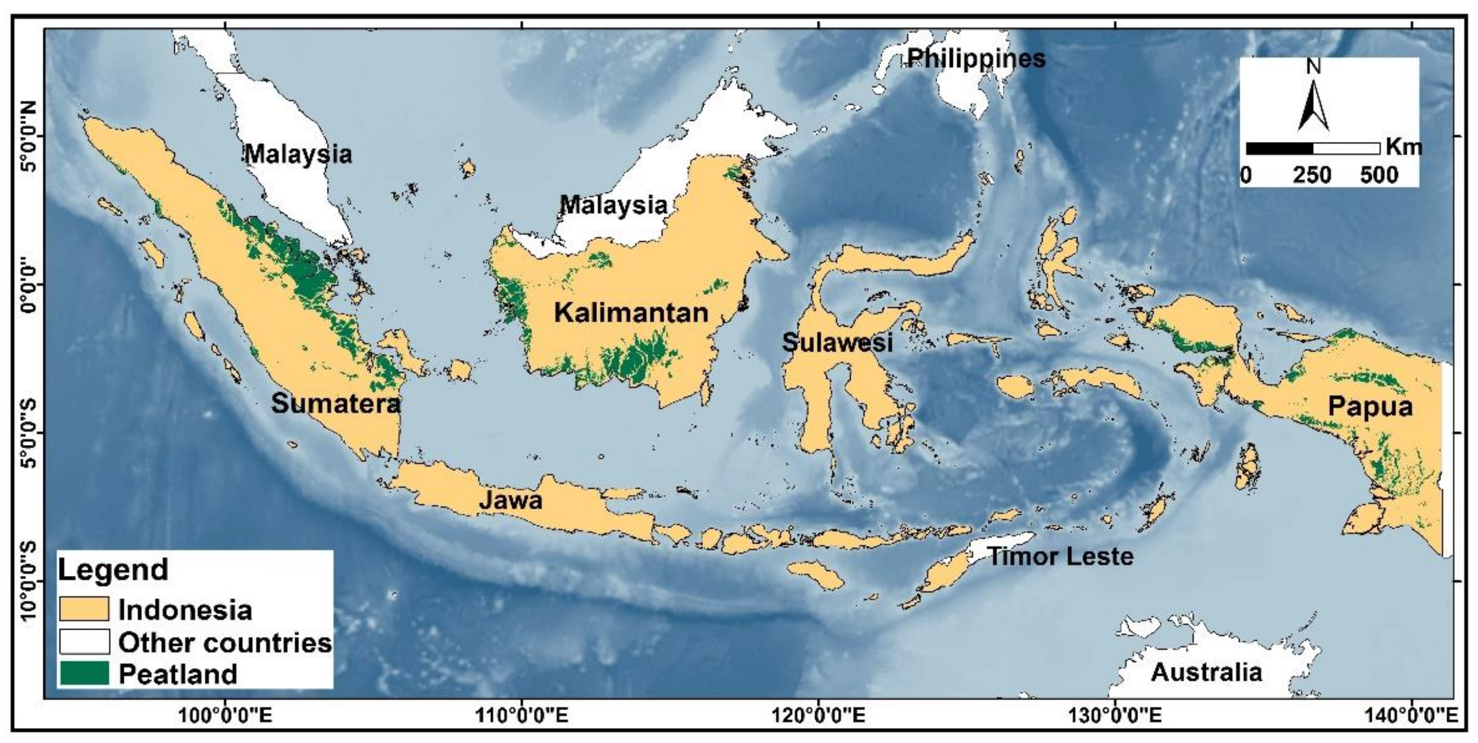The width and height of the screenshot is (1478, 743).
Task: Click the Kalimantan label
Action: tap(631, 313)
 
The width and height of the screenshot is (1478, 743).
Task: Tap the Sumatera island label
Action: tap(336, 404)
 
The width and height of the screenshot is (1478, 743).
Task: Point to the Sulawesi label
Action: tap(838, 343)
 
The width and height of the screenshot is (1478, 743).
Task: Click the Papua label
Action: tap(1370, 407)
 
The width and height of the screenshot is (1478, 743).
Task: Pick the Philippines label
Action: tap(976, 58)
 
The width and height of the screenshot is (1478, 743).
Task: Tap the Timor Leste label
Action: tap(1060, 556)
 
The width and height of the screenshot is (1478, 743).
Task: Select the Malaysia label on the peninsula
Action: tap(299, 154)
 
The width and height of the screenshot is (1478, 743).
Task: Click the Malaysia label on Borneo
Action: tap(613, 205)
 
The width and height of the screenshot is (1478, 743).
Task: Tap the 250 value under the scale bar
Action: tap(1312, 174)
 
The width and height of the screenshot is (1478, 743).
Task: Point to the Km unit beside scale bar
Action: tap(1403, 148)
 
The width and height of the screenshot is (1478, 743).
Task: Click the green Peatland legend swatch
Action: tap(84, 673)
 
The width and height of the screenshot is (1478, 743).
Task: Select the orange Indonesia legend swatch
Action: tap(84, 609)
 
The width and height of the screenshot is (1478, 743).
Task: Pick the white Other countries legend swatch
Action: tap(84, 642)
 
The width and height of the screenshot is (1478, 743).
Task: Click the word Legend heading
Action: tap(113, 570)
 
